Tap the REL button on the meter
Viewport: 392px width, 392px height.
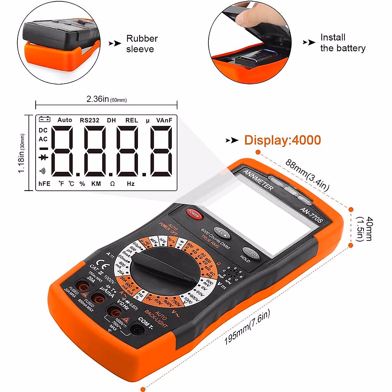(222, 232)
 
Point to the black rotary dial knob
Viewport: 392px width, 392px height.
(164, 268)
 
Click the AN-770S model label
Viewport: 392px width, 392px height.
(311, 215)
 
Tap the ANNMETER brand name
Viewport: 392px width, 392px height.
(258, 180)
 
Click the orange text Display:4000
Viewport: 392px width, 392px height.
(283, 140)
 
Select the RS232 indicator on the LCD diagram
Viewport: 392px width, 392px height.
(90, 120)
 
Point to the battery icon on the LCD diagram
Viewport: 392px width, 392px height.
(45, 120)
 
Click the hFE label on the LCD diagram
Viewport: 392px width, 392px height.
(44, 184)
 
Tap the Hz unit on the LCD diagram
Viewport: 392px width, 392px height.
(131, 184)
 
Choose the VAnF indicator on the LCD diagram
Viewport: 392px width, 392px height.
(164, 120)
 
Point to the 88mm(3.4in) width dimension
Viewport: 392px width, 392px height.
(307, 175)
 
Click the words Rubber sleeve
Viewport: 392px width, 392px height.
(142, 44)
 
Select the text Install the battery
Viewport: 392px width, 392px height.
(343, 43)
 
